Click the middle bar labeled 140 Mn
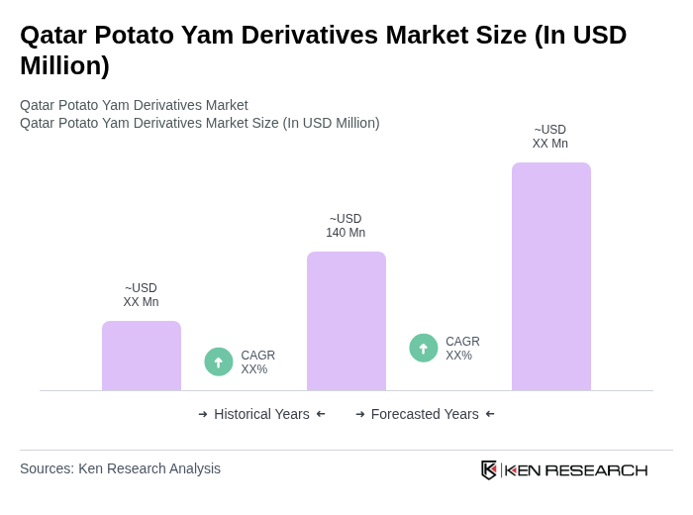[346, 321]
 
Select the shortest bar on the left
[141, 356]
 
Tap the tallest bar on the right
[550, 276]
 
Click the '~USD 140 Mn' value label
[346, 226]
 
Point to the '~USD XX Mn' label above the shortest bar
[141, 295]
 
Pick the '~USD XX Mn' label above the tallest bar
[549, 137]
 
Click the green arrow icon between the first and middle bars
[219, 361]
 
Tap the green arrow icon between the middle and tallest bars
[424, 348]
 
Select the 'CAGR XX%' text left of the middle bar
[257, 362]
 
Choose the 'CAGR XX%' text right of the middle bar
[462, 349]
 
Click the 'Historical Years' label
[261, 414]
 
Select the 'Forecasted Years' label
[425, 414]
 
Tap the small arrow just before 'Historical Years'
[203, 414]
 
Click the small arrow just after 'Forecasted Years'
[490, 414]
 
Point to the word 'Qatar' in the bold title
[53, 35]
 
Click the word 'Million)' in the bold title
[64, 65]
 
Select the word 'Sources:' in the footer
[47, 468]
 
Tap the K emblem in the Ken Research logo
[489, 469]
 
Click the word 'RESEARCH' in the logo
[596, 469]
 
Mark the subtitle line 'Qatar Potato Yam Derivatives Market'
[134, 105]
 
